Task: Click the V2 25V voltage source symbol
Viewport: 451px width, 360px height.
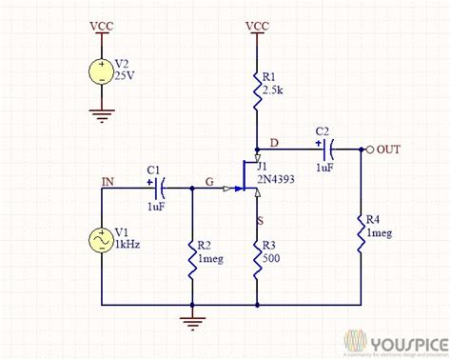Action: click(x=100, y=71)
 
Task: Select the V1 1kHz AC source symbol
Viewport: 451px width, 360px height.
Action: click(x=101, y=238)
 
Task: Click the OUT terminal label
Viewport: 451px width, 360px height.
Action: click(x=389, y=150)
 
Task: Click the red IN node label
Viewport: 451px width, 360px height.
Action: click(x=110, y=179)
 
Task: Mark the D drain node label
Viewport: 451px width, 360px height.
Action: click(x=276, y=143)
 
